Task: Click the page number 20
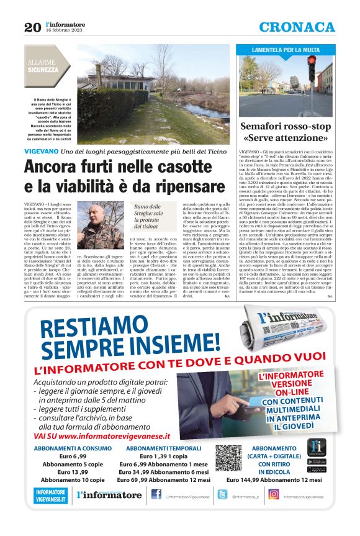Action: point(32,27)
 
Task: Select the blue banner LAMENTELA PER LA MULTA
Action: point(286,49)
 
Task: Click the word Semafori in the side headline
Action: point(265,125)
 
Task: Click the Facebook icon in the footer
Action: point(156,494)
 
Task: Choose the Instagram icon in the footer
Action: point(273,494)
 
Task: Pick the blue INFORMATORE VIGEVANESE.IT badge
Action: point(51,495)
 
